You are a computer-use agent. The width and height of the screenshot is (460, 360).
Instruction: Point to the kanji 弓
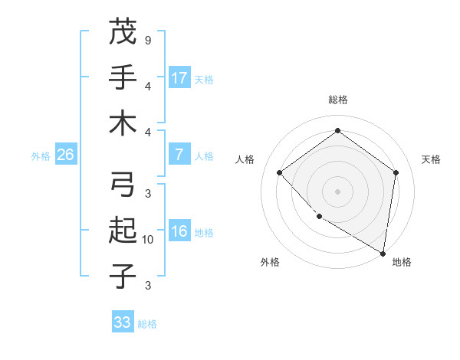tap(123, 185)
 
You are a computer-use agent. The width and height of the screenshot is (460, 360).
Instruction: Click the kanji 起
tap(123, 230)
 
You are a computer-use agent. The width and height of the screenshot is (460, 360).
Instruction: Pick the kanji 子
tap(123, 275)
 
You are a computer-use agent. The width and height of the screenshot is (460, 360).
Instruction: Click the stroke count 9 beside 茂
tap(147, 39)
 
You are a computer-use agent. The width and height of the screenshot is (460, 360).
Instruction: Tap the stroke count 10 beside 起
tap(149, 240)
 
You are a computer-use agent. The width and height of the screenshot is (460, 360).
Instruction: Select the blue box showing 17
tap(179, 77)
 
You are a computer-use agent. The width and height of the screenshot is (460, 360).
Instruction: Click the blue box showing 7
tap(179, 155)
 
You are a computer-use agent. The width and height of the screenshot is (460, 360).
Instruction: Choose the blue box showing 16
tap(179, 231)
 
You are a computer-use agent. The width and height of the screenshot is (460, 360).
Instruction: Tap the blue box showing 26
tap(65, 155)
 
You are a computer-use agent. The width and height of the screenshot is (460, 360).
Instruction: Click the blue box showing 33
tap(123, 322)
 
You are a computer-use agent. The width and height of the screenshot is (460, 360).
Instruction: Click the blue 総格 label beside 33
tap(147, 324)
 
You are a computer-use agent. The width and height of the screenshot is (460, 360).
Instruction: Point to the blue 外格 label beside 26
tap(41, 156)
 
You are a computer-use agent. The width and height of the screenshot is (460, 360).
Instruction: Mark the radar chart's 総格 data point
tap(337, 131)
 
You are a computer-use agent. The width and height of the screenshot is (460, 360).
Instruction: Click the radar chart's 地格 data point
tap(383, 253)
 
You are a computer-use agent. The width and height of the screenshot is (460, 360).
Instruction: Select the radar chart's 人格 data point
tap(280, 172)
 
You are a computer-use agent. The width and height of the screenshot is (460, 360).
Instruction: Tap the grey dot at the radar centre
tap(337, 191)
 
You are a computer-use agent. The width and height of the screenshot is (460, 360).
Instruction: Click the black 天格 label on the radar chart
tap(431, 159)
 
